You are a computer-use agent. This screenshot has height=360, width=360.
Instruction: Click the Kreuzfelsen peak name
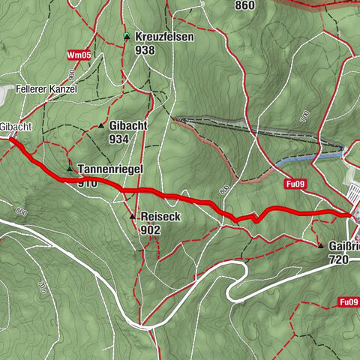(x=164, y=37)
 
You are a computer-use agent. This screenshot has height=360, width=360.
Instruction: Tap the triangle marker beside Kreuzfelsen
(x=127, y=37)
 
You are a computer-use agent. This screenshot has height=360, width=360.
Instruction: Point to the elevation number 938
(x=145, y=49)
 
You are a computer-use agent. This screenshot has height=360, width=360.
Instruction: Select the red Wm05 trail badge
(x=78, y=55)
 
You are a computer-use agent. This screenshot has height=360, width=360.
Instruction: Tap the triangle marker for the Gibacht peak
(x=101, y=126)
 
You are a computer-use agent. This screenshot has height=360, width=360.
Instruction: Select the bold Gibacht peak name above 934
(x=127, y=126)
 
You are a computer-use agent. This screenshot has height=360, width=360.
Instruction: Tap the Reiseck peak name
(x=160, y=217)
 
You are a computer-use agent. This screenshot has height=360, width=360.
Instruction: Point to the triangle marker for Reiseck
(x=133, y=217)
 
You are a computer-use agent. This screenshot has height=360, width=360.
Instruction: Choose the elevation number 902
(x=150, y=229)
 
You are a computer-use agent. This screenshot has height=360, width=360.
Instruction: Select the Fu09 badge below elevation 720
(x=347, y=301)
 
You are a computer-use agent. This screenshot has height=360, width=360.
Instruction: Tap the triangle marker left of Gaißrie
(x=321, y=246)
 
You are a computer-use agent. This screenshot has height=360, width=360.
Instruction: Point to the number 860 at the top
(x=244, y=6)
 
